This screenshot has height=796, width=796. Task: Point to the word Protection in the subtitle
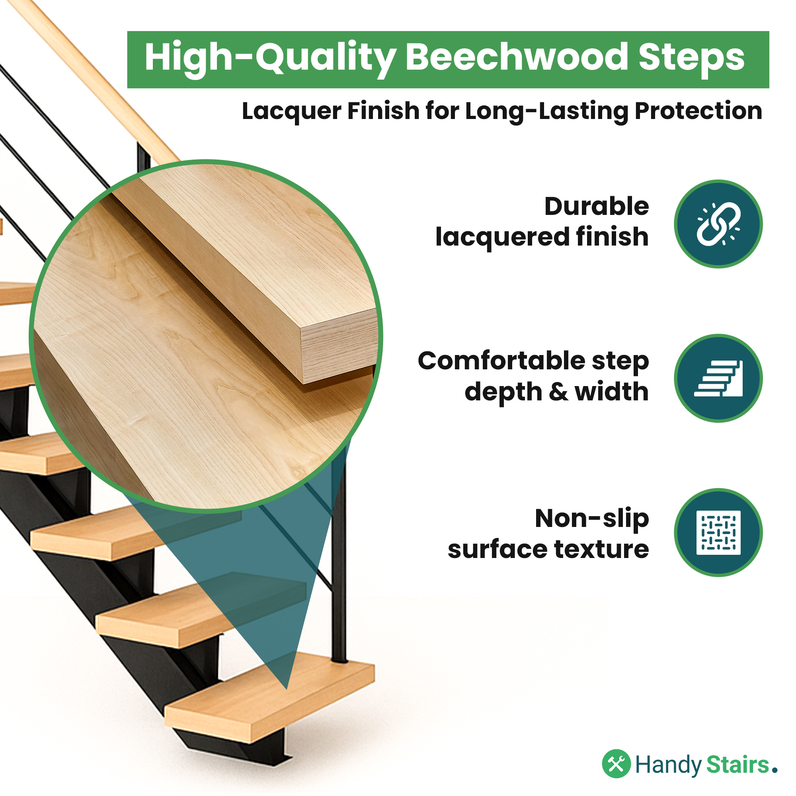point(698,111)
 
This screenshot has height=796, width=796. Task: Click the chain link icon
point(718,224)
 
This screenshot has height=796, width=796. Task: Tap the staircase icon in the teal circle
point(718,378)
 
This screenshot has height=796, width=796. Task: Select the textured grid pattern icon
point(718,533)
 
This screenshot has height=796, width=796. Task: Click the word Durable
point(597,207)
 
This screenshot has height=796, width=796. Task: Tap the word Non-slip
point(592,519)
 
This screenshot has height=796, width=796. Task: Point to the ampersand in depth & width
point(558,392)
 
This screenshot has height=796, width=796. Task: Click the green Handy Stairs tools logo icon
point(617,763)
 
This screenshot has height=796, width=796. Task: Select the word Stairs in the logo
point(738,765)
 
